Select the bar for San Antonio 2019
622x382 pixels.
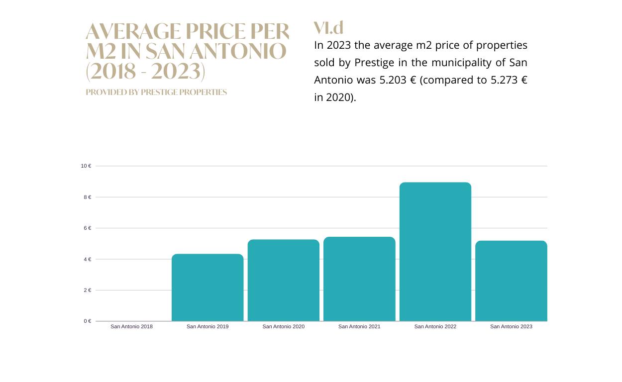pyautogui.click(x=207, y=287)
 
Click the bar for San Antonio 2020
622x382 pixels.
pyautogui.click(x=284, y=280)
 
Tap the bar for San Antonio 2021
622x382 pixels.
pyautogui.click(x=359, y=279)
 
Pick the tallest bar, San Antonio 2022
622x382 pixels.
pyautogui.click(x=435, y=251)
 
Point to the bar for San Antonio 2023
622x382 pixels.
pyautogui.click(x=511, y=281)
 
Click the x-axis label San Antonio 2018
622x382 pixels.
pyautogui.click(x=131, y=327)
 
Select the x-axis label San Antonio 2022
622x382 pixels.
pyautogui.click(x=435, y=327)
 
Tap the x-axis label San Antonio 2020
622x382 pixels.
pyautogui.click(x=284, y=327)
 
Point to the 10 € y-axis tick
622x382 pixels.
pyautogui.click(x=86, y=166)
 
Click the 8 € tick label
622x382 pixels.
pyautogui.click(x=88, y=197)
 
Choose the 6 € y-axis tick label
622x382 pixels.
pyautogui.click(x=88, y=228)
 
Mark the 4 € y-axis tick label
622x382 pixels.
pyautogui.click(x=88, y=260)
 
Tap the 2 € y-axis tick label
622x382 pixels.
pyautogui.click(x=88, y=290)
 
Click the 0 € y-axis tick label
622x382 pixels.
pyautogui.click(x=88, y=321)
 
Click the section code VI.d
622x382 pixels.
pyautogui.click(x=328, y=27)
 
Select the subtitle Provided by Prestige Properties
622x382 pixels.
pyautogui.click(x=156, y=93)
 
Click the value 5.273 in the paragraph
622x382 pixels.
pyautogui.click(x=505, y=80)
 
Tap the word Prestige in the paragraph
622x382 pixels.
pyautogui.click(x=374, y=63)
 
